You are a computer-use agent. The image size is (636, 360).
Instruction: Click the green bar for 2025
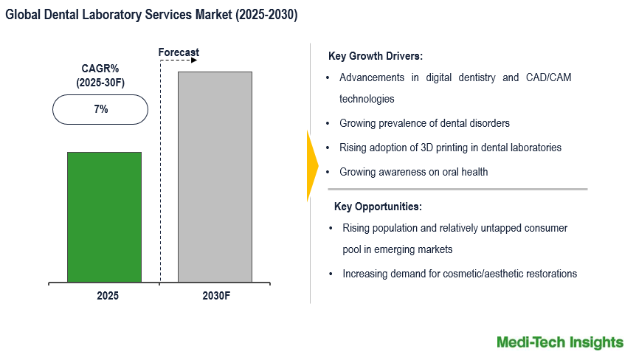pos(104,217)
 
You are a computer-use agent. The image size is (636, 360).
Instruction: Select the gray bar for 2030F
pos(215,177)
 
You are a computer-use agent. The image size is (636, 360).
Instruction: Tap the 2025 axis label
pos(107,295)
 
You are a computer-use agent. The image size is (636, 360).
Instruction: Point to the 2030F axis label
pos(215,295)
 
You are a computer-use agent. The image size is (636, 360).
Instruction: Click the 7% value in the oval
pos(100,109)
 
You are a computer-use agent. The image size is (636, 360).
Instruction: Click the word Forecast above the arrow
pos(179,52)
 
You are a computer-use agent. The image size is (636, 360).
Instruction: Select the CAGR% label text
pos(100,69)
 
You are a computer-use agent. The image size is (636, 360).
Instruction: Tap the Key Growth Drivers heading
pos(375,56)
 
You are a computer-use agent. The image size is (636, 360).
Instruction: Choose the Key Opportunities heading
pos(378,207)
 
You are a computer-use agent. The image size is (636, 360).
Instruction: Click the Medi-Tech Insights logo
pos(559,342)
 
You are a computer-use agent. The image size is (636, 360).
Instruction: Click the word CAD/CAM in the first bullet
pos(547,77)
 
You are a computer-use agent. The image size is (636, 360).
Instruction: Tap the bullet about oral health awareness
pos(413,172)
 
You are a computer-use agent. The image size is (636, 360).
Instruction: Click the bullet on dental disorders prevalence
pos(424,123)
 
